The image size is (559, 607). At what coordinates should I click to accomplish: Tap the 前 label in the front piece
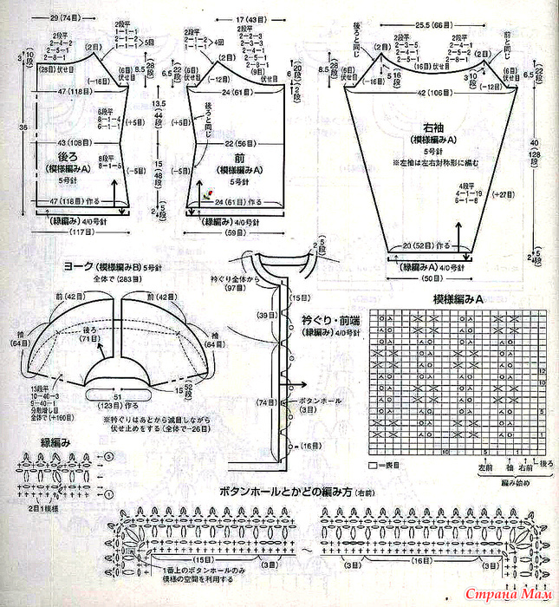(237, 160)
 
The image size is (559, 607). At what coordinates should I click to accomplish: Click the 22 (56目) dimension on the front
(239, 144)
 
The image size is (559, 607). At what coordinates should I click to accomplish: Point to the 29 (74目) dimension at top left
(50, 16)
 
